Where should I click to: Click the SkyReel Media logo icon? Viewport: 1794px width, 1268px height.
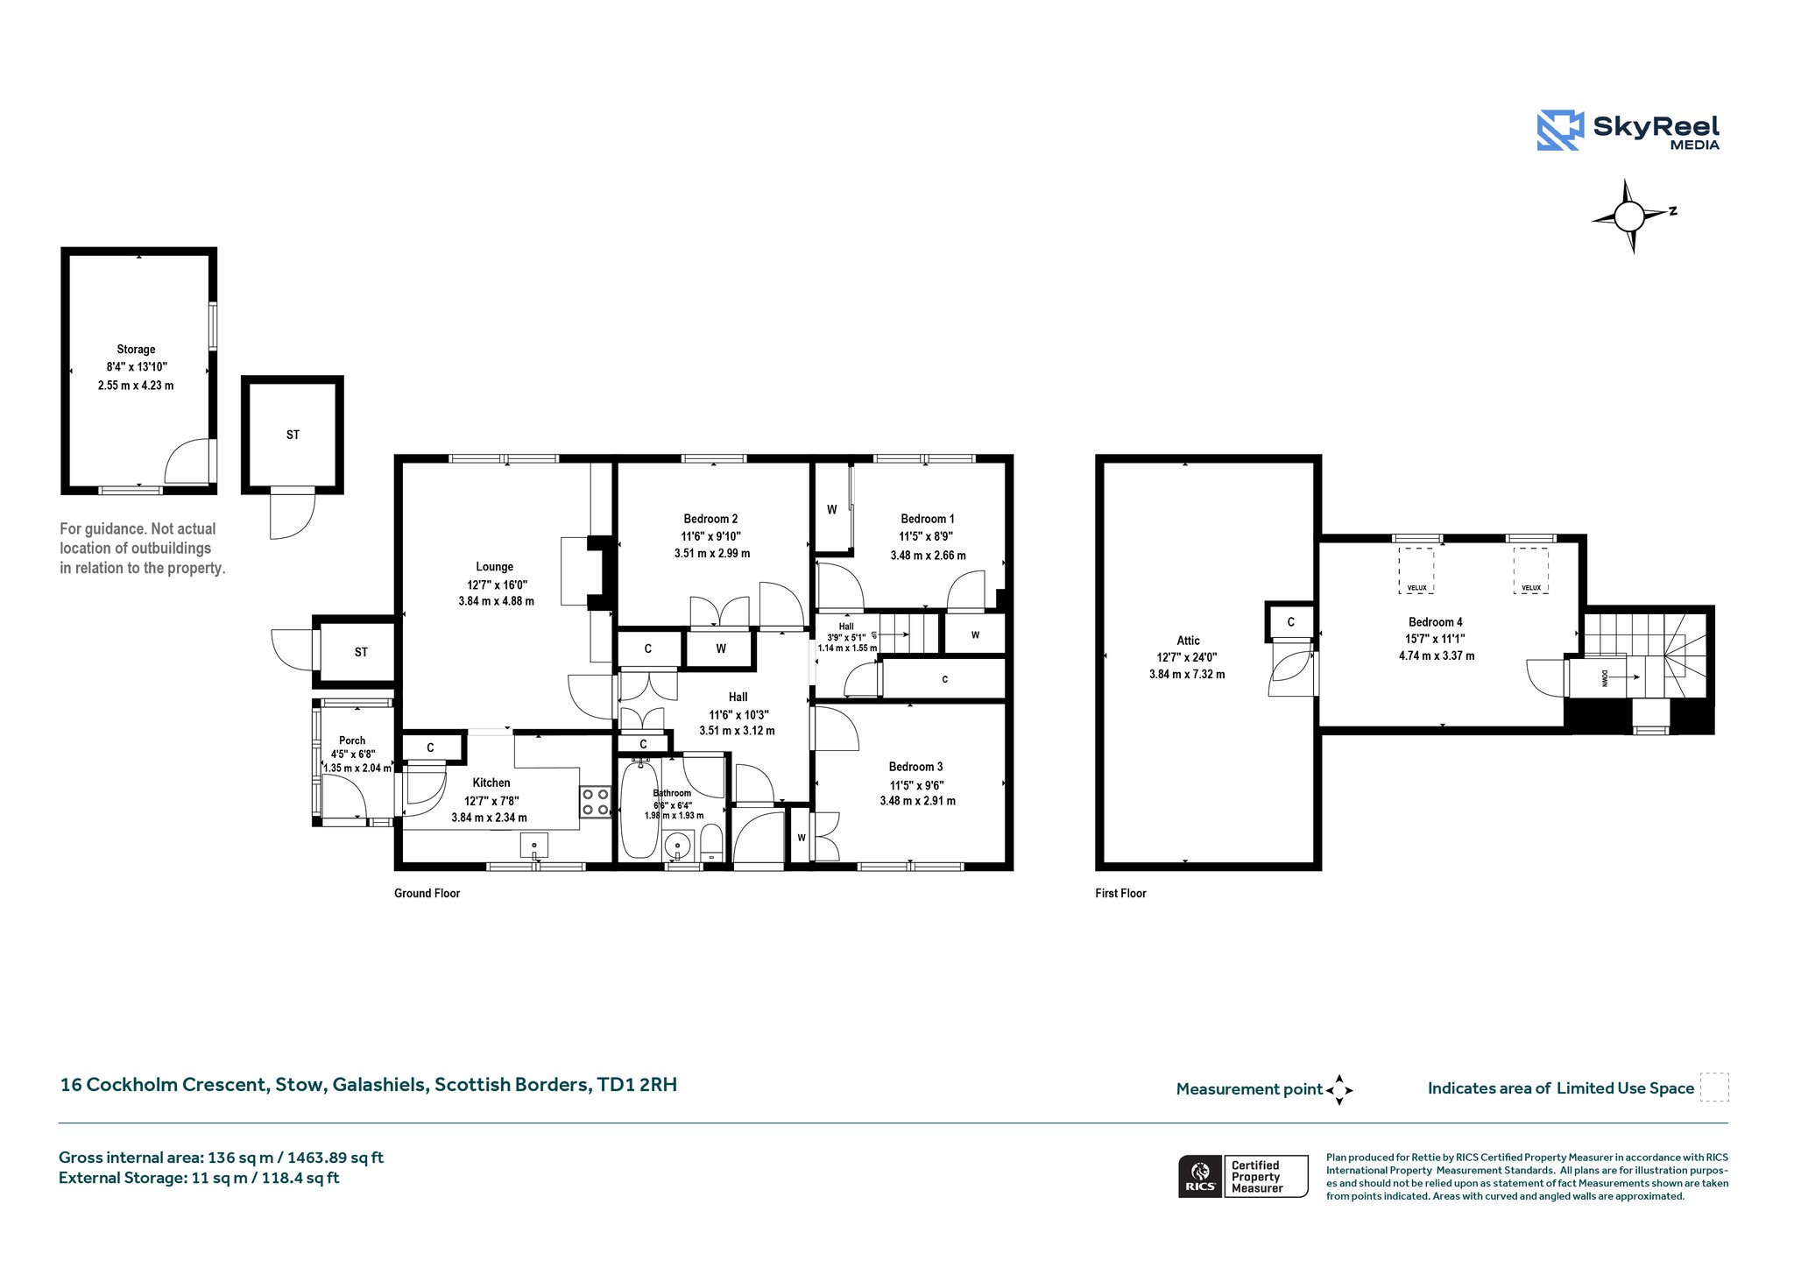click(1560, 131)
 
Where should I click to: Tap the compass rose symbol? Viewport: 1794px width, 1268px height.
click(1629, 216)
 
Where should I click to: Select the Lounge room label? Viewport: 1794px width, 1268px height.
click(495, 567)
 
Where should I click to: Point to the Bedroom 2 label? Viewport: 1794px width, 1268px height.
click(710, 519)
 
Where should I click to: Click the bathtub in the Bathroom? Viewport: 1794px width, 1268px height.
click(639, 810)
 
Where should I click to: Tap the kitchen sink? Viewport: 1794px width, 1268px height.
click(534, 847)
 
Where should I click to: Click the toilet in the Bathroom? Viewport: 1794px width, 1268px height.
click(711, 842)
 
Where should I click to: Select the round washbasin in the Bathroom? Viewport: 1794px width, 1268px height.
click(678, 846)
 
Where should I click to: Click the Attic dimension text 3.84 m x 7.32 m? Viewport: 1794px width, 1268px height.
click(1187, 675)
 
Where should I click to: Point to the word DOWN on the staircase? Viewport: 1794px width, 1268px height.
click(1606, 677)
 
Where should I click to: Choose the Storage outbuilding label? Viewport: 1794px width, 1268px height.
click(136, 349)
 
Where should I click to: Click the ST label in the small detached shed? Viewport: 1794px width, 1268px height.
click(293, 435)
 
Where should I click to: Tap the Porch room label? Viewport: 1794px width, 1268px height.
click(352, 740)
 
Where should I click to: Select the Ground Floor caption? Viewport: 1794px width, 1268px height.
click(427, 893)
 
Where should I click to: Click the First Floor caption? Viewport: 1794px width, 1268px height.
click(1120, 893)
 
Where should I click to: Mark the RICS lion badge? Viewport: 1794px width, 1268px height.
click(1200, 1176)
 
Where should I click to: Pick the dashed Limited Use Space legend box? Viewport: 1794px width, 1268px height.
click(1714, 1087)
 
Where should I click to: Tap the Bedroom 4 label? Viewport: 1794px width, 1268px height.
click(1436, 622)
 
